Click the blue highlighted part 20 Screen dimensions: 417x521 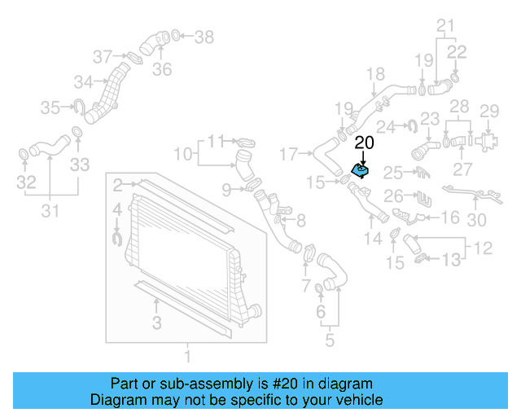point(360,170)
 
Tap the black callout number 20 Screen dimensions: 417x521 point(364,143)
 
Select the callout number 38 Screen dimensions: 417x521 point(204,37)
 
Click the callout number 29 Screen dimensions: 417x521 point(488,111)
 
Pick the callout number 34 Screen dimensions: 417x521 point(83,81)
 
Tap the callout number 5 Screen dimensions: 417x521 point(329,340)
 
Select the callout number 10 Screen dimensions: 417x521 point(183,153)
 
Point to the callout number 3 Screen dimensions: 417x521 point(156,323)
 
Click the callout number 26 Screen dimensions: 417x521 point(393,195)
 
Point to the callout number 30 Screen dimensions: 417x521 point(477,220)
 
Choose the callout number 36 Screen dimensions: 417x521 point(162,69)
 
